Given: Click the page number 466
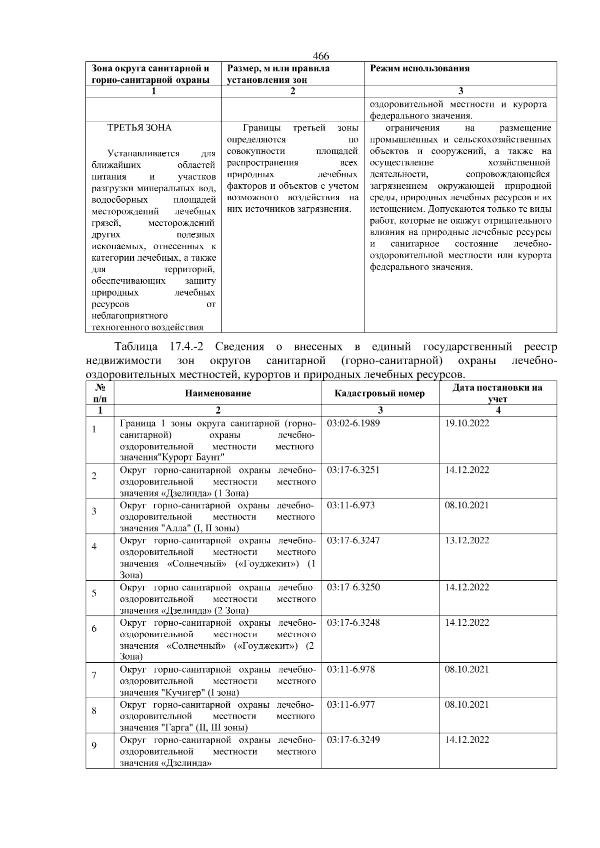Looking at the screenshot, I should pos(321,56).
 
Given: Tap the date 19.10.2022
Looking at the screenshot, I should pos(467,424).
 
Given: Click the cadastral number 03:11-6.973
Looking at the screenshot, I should pos(350,505).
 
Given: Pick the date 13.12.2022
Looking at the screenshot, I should pos(467,540).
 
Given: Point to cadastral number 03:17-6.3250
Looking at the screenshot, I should pos(353,587).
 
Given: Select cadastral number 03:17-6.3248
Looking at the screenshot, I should pos(353,623).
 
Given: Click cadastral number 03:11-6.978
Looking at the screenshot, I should pos(350,670).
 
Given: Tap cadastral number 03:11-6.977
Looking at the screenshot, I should pos(350,705).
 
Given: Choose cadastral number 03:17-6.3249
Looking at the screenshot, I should pos(353,740).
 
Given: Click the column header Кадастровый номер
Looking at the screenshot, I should pos(379,394).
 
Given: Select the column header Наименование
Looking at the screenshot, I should pos(218,394).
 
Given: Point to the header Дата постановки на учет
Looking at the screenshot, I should pos(497,393).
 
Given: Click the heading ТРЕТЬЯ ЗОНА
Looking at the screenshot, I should pos(139,128).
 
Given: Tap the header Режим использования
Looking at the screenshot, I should pos(419,68).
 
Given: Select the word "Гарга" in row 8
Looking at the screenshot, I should pos(177,728).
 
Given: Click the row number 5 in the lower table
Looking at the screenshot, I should pos(94,593).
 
